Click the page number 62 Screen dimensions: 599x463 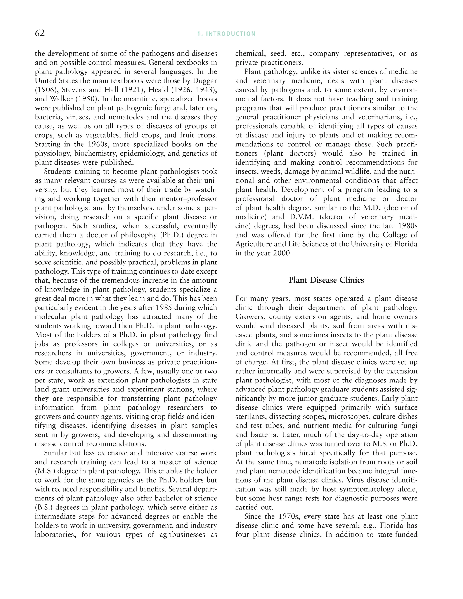pos(40,33)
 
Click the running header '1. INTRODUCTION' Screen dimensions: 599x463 pos(226,34)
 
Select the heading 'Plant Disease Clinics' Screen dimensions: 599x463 pos(326,280)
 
